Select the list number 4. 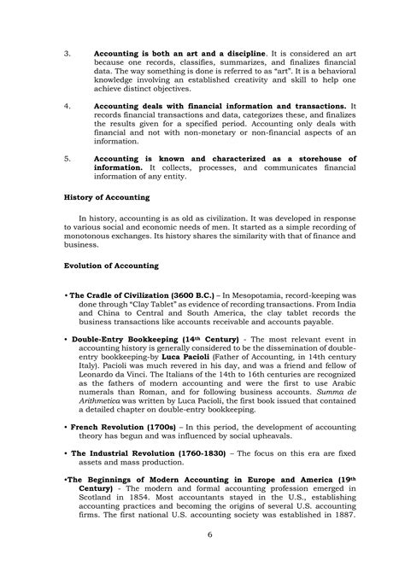pyautogui.click(x=68, y=107)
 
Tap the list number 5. pyautogui.click(x=68, y=159)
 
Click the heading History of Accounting pyautogui.click(x=107, y=197)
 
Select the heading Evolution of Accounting pyautogui.click(x=110, y=266)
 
